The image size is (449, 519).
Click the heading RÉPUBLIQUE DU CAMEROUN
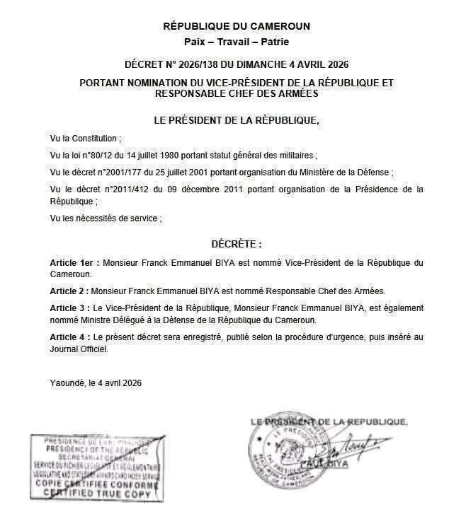(237, 26)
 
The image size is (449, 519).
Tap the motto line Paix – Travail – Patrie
(237, 42)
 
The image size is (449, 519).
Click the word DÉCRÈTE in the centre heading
(233, 244)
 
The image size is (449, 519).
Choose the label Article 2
(69, 291)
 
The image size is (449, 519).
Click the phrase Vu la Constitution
(85, 138)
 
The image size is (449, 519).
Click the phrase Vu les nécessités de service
(106, 218)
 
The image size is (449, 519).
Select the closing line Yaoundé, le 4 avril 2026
(96, 383)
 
